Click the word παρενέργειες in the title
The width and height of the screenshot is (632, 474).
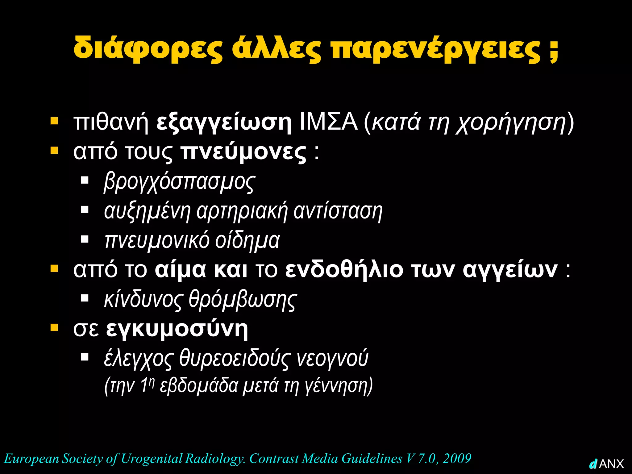click(435, 49)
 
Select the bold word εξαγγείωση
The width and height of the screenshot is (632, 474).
click(224, 123)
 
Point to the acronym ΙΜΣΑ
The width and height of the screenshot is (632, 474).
click(329, 122)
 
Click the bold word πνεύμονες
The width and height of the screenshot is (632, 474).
click(243, 152)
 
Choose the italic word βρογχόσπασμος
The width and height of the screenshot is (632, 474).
click(179, 182)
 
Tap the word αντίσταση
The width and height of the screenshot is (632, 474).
click(338, 211)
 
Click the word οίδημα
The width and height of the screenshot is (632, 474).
click(247, 241)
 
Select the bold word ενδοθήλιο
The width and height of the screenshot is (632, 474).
click(344, 270)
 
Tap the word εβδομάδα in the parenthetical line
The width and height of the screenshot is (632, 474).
click(199, 385)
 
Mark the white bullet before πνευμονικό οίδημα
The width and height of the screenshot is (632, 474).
click(85, 239)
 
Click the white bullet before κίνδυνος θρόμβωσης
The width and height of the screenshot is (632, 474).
click(85, 298)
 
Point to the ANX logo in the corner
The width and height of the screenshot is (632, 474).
click(607, 464)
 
